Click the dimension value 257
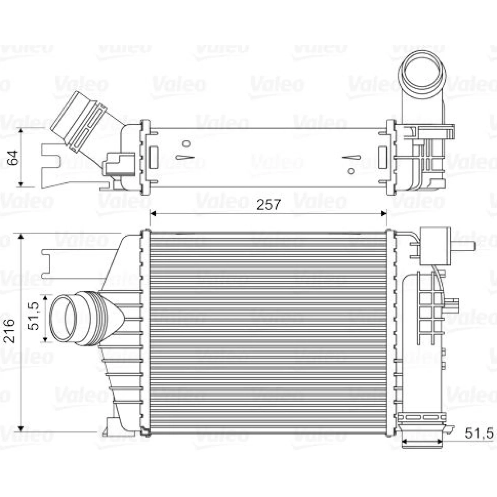(x=268, y=205)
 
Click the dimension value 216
(x=9, y=330)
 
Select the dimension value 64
(x=13, y=158)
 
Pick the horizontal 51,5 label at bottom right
(x=479, y=433)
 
